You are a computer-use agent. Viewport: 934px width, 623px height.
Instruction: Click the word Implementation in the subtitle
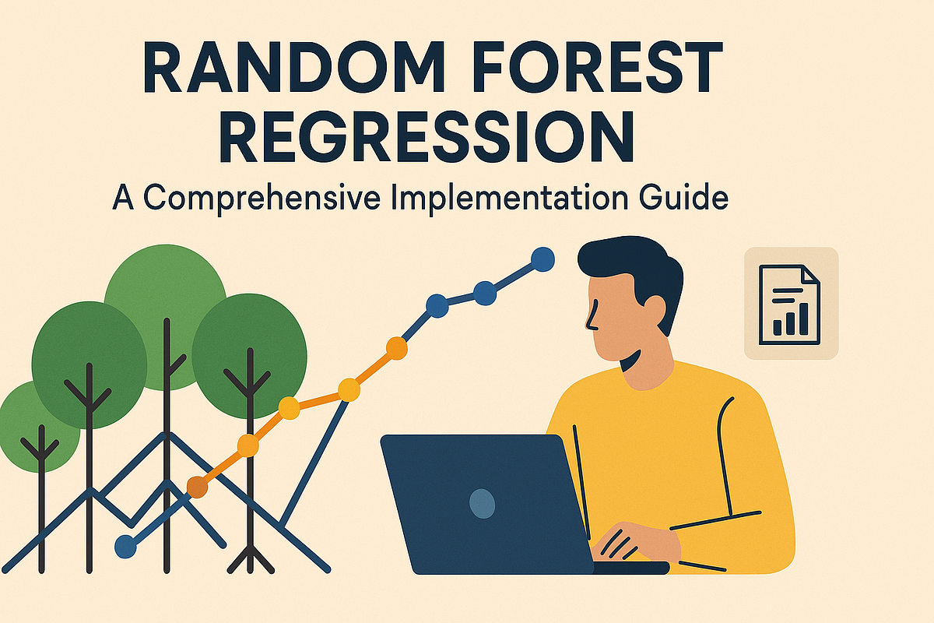click(509, 197)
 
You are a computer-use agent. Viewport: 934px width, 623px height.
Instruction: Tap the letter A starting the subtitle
click(125, 196)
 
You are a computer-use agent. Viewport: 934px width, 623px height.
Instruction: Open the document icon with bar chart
click(790, 304)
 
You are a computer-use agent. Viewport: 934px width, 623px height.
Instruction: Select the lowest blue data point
click(125, 546)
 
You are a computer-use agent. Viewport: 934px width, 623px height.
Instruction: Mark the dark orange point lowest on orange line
click(198, 487)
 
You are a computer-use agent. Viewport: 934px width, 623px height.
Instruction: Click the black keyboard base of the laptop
click(630, 568)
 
